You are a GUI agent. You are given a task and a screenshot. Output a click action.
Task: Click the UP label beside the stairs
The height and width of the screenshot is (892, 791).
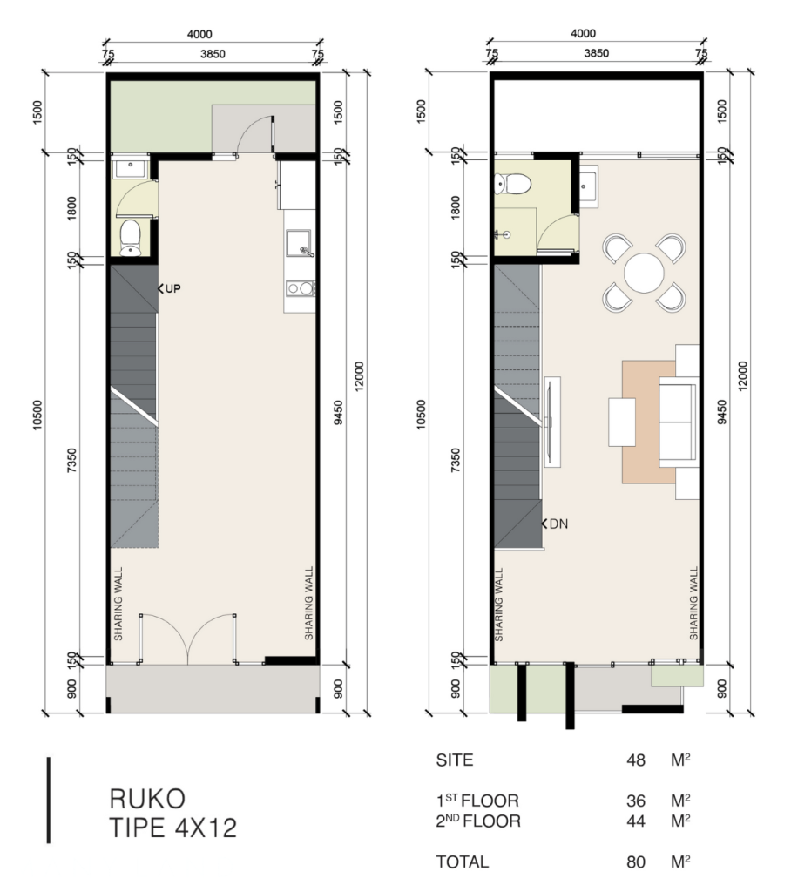click(x=173, y=288)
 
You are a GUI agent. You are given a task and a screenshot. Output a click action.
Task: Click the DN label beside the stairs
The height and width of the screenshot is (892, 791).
click(x=558, y=524)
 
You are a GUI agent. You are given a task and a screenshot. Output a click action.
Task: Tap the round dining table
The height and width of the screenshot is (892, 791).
click(x=644, y=273)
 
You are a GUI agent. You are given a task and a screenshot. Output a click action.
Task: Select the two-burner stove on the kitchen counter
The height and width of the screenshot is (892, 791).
click(x=300, y=288)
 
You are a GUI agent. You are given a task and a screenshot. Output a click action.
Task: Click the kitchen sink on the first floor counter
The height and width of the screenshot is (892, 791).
click(x=300, y=244)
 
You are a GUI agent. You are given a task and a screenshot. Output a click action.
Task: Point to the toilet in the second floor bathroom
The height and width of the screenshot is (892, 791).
click(x=513, y=184)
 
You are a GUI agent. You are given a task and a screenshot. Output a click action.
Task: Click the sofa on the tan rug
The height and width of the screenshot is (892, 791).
click(x=678, y=422)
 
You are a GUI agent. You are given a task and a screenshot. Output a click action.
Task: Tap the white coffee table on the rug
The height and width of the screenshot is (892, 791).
click(x=622, y=422)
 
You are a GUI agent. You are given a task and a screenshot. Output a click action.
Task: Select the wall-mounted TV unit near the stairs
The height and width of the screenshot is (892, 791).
click(x=551, y=422)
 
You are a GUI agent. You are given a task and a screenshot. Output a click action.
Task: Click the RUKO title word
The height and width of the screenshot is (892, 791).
click(x=147, y=799)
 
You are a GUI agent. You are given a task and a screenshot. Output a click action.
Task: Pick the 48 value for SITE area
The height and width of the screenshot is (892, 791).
click(x=636, y=760)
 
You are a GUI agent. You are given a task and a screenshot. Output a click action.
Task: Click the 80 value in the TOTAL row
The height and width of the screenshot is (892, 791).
click(x=636, y=862)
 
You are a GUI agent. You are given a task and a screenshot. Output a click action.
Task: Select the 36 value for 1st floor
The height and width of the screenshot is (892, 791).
click(x=636, y=801)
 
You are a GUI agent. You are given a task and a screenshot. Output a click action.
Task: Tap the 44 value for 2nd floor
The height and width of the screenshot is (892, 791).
click(x=636, y=821)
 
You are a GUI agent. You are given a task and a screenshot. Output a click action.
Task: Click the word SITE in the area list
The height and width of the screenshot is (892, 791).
click(x=455, y=760)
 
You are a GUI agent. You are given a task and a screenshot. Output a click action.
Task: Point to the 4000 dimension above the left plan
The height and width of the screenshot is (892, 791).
click(x=199, y=34)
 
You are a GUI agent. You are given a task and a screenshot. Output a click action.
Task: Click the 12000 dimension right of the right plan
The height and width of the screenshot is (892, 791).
click(x=742, y=375)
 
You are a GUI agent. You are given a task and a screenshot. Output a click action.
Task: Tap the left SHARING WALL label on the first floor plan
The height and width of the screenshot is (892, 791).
click(x=118, y=604)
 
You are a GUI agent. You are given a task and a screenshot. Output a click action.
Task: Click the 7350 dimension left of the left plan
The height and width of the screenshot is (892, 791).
click(x=71, y=460)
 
